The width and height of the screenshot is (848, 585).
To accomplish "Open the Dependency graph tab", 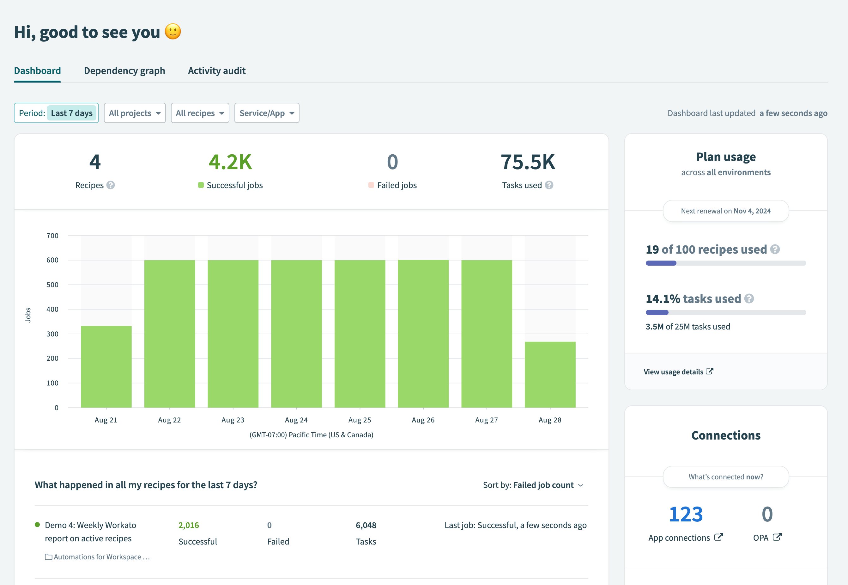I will coord(124,71).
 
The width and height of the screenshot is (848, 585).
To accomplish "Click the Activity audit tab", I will coord(216,71).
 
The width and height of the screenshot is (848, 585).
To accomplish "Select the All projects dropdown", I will coord(134,113).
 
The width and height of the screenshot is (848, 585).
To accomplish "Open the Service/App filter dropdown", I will coord(267,113).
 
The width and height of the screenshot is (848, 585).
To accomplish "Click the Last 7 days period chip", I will coord(71,113).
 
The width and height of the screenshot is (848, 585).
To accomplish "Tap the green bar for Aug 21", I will coord(106,366).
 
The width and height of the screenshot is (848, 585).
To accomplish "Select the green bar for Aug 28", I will coord(550,374).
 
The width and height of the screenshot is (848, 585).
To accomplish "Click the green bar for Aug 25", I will coord(360,334).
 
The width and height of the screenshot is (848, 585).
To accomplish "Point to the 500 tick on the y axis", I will coord(52,285).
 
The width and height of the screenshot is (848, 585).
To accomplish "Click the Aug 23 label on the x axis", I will coord(233,420).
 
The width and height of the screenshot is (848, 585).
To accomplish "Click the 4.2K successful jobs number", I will coord(230,162).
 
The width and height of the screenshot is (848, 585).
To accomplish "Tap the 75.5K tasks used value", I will coord(528,162).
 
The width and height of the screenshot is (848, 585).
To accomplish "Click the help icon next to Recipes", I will coord(111,185).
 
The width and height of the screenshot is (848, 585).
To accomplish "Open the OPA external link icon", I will coord(777,537).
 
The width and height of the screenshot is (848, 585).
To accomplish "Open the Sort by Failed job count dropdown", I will coord(533,485).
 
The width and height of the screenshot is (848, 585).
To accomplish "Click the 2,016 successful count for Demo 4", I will coord(189,525).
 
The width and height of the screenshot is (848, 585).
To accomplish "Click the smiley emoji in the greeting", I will coord(173,32).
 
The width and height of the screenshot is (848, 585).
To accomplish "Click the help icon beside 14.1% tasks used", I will coord(749,299).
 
